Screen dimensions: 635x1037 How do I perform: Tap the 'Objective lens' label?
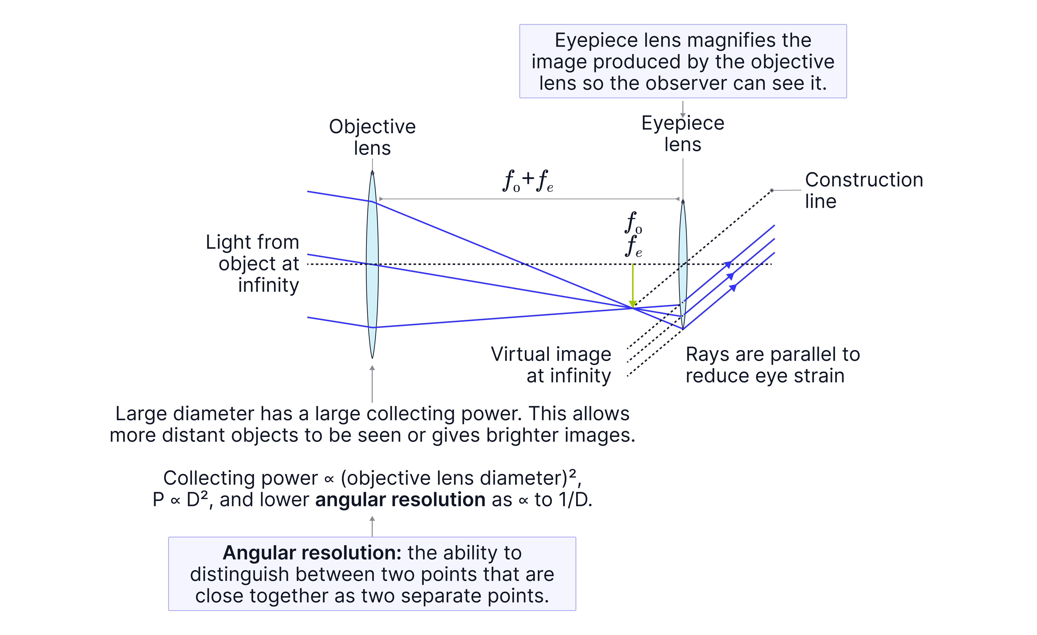click(x=372, y=137)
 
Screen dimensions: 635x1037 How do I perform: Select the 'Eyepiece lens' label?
click(x=683, y=134)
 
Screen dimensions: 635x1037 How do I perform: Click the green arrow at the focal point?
click(x=632, y=286)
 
